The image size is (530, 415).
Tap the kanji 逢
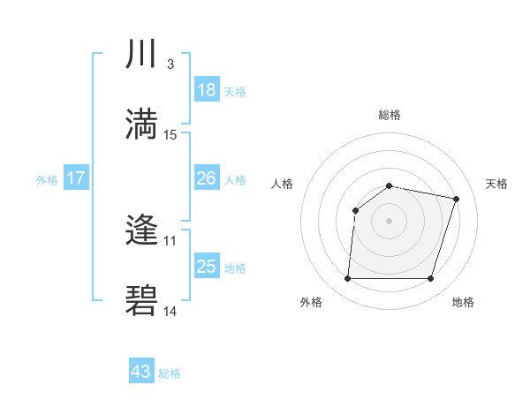(x=141, y=231)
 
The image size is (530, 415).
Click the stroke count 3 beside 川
(x=170, y=64)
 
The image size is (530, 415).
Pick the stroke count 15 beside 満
(x=171, y=134)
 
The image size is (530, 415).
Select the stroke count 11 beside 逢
(x=170, y=240)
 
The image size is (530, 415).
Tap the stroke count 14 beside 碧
(x=170, y=311)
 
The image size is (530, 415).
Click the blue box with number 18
(x=207, y=90)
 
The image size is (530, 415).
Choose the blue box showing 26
(x=207, y=178)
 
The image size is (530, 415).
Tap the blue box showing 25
(x=207, y=267)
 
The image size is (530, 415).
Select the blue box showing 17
(x=76, y=178)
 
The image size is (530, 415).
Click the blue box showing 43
(x=141, y=372)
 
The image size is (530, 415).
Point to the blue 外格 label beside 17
(x=47, y=179)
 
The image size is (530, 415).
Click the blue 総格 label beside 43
(x=170, y=373)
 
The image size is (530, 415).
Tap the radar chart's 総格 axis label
(x=389, y=115)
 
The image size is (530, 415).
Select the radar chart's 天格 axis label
(x=496, y=184)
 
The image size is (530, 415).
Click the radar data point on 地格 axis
(x=430, y=279)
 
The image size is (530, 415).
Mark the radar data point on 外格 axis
(x=347, y=279)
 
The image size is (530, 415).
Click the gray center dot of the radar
(x=389, y=220)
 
